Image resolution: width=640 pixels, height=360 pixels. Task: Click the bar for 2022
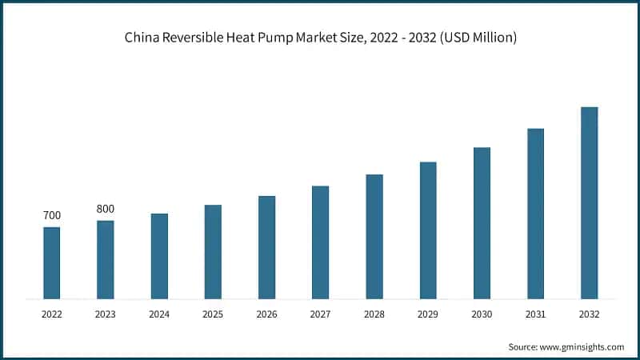(51, 263)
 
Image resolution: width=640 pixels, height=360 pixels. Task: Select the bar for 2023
(105, 260)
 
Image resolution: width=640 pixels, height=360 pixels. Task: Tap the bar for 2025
(213, 252)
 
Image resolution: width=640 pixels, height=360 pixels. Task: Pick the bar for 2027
(320, 242)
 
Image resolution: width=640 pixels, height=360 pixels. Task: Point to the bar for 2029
(428, 230)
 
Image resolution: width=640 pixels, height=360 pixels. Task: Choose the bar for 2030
(482, 223)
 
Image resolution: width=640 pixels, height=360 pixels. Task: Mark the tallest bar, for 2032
(589, 203)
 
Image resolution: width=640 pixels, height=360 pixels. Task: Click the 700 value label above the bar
(51, 216)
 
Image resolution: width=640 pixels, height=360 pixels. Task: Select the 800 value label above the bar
(105, 210)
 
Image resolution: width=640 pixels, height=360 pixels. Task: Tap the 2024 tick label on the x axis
(159, 315)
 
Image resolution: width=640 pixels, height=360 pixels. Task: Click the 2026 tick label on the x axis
(266, 315)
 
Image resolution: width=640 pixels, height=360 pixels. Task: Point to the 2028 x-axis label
(374, 315)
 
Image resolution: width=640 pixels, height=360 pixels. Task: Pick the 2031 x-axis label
(535, 315)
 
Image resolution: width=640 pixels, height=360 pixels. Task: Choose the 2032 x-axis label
(589, 315)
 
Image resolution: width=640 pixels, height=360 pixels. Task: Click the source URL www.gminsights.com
(582, 346)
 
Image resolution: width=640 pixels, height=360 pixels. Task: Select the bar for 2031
(535, 214)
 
